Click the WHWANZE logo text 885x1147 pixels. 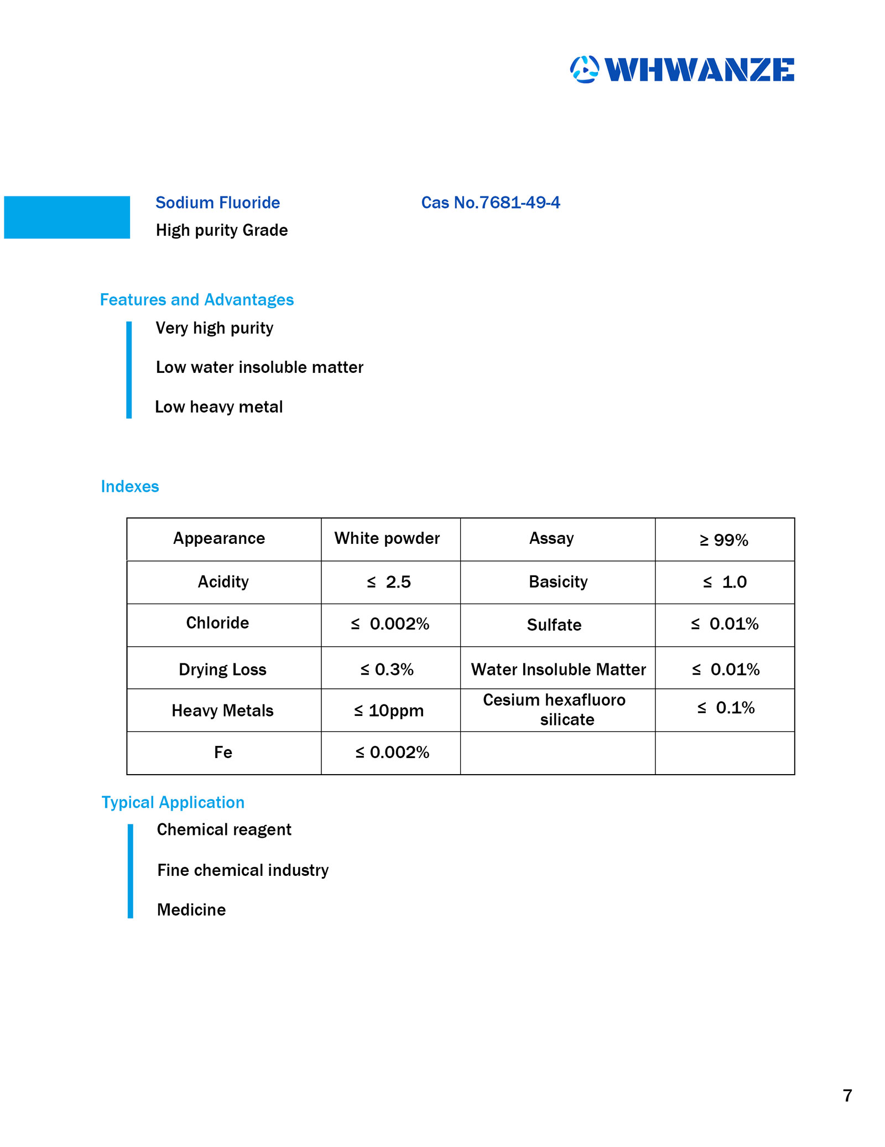(699, 70)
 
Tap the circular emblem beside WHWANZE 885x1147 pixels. (584, 70)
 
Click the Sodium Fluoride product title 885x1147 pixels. (217, 203)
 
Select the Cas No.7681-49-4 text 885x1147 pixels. (490, 203)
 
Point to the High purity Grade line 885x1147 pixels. (221, 230)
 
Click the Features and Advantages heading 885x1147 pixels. (196, 299)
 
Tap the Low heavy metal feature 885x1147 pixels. (218, 407)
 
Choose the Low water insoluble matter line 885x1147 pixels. (259, 367)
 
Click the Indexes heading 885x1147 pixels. (129, 486)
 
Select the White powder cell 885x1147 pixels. (387, 538)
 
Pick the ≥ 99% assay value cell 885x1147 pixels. (723, 540)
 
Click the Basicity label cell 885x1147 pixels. (558, 582)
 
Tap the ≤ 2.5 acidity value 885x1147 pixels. (389, 582)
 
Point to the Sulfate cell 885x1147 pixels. (554, 625)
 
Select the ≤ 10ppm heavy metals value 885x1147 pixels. (389, 710)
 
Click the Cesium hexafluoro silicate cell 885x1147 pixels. (554, 709)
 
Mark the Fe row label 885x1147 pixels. (223, 752)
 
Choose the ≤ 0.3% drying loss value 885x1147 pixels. (387, 669)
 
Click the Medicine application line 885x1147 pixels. (191, 910)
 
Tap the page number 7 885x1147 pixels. (847, 1096)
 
